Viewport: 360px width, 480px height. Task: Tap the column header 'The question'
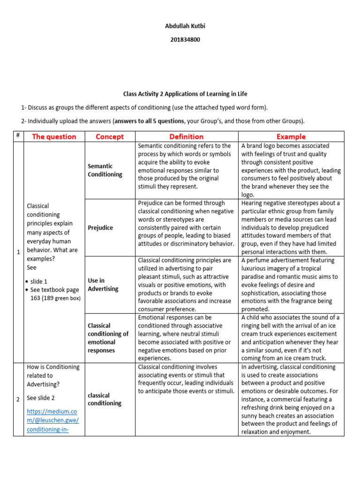point(53,136)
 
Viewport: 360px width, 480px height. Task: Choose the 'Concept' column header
point(109,136)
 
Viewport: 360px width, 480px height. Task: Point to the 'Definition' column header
point(186,136)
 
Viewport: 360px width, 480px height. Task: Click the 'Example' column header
point(291,136)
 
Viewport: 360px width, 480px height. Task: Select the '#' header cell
point(18,136)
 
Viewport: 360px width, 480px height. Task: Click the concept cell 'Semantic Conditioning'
point(105,170)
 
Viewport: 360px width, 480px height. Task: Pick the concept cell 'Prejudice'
point(100,227)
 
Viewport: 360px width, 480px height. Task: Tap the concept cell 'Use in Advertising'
point(103,285)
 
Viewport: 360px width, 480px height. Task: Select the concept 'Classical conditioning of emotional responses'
point(108,337)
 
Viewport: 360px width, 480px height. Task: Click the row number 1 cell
point(18,252)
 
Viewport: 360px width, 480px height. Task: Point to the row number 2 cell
point(18,399)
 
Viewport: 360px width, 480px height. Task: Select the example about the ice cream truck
point(291,337)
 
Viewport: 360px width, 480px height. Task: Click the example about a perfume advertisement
point(291,285)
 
